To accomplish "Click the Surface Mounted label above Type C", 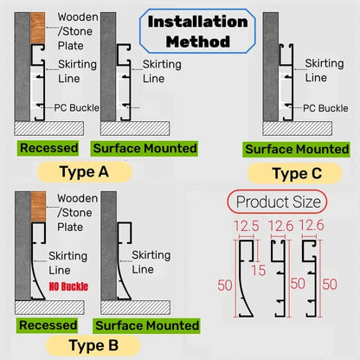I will (x=296, y=149).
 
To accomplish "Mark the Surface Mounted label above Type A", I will (x=147, y=148).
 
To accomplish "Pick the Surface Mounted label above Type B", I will (x=147, y=325).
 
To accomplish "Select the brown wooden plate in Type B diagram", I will (x=38, y=208).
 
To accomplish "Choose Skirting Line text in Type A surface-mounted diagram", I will (x=161, y=71).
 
